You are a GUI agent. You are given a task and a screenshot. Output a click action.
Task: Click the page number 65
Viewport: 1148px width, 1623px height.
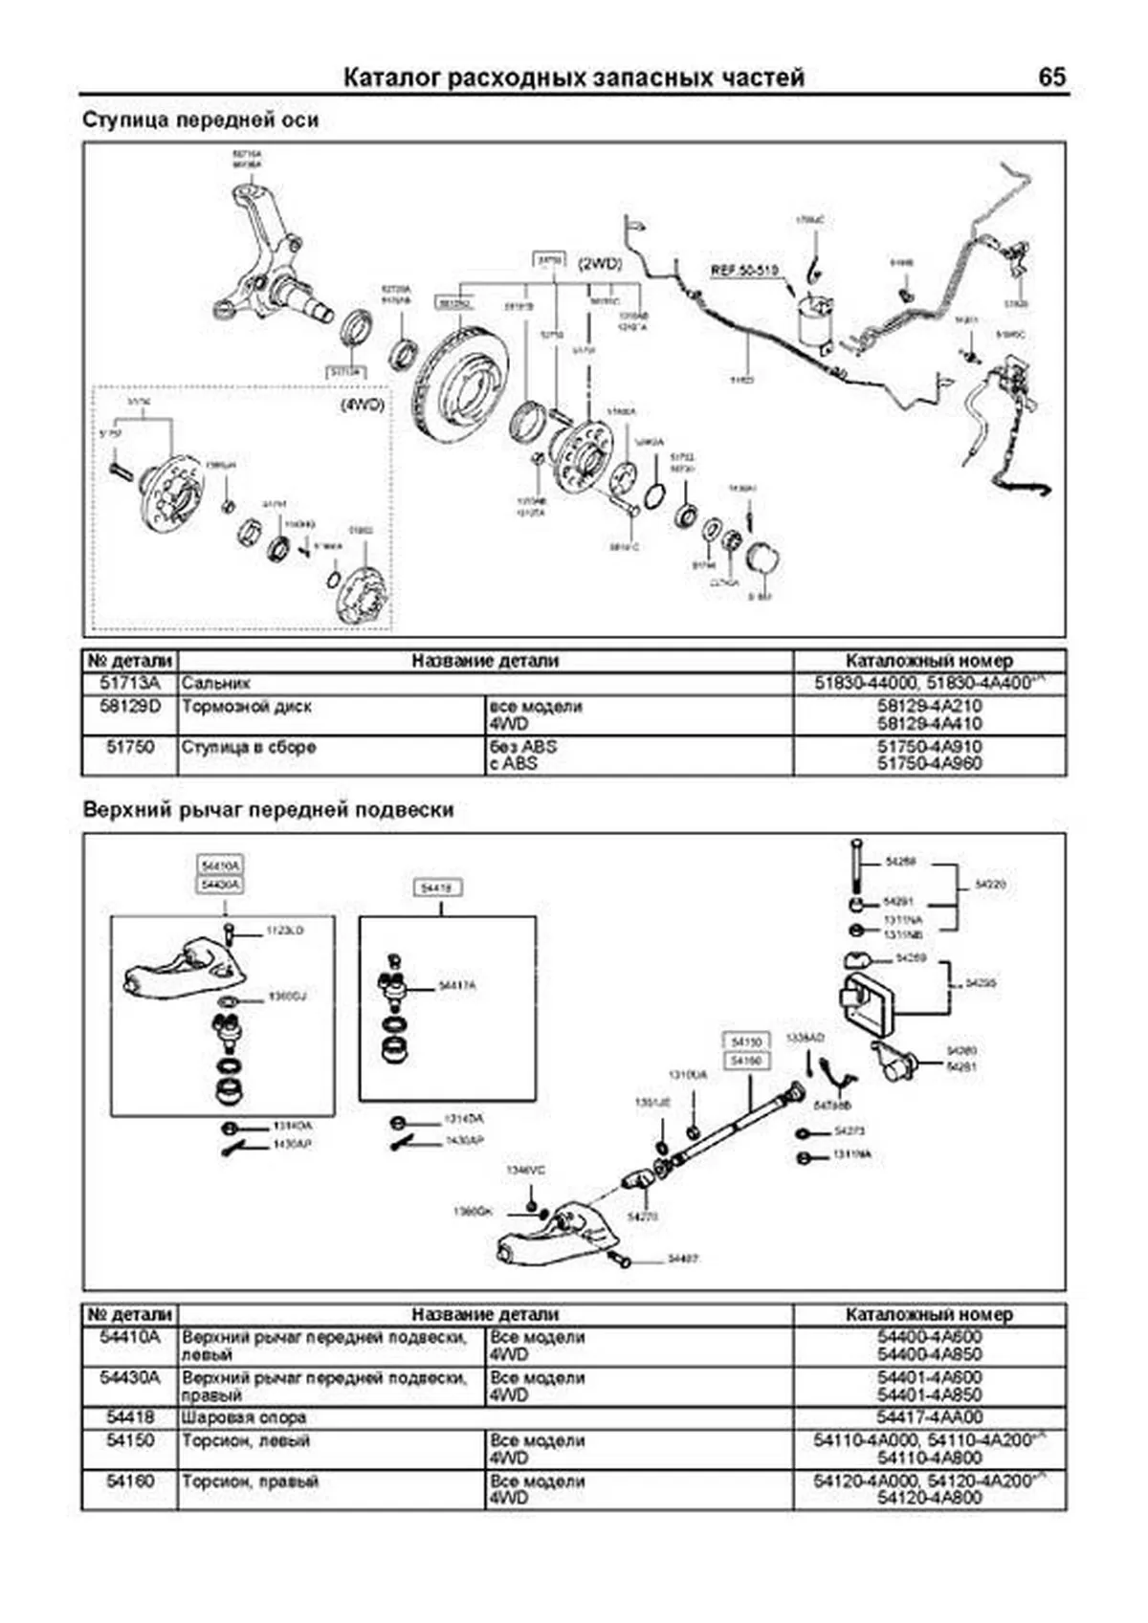coord(1050,77)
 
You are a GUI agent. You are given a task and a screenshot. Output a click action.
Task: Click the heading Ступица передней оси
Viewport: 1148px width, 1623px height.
coord(200,121)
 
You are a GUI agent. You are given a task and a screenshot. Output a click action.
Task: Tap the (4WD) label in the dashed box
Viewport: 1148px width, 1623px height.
coord(361,405)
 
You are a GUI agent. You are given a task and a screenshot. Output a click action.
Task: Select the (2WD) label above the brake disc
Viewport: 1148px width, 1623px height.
coord(599,263)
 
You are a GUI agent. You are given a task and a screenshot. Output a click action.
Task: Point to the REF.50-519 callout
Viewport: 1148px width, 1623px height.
coord(744,271)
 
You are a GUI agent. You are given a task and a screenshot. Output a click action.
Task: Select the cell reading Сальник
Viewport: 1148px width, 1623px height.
coord(215,684)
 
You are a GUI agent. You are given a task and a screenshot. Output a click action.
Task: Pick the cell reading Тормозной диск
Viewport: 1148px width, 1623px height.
coord(246,707)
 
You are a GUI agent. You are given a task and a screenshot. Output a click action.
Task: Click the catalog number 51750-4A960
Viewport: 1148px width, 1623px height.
coord(929,763)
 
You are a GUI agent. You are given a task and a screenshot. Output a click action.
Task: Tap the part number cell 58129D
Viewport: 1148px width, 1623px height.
coord(130,707)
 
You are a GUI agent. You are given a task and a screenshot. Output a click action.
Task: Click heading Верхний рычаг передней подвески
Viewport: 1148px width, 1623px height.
coord(268,810)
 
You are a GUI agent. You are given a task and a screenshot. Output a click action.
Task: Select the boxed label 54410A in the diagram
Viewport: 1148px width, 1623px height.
coord(220,866)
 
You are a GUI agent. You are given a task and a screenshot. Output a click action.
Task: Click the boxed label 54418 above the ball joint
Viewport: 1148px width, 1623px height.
coord(435,888)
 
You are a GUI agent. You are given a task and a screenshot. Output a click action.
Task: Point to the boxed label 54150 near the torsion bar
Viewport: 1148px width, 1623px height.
coord(745,1042)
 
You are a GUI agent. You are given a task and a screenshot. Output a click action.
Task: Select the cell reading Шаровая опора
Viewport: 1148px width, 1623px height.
coord(243,1417)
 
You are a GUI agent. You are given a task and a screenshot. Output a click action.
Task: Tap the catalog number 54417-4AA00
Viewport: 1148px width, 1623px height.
coord(929,1417)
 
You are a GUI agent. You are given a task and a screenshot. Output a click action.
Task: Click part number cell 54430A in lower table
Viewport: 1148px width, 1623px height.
coord(130,1378)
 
